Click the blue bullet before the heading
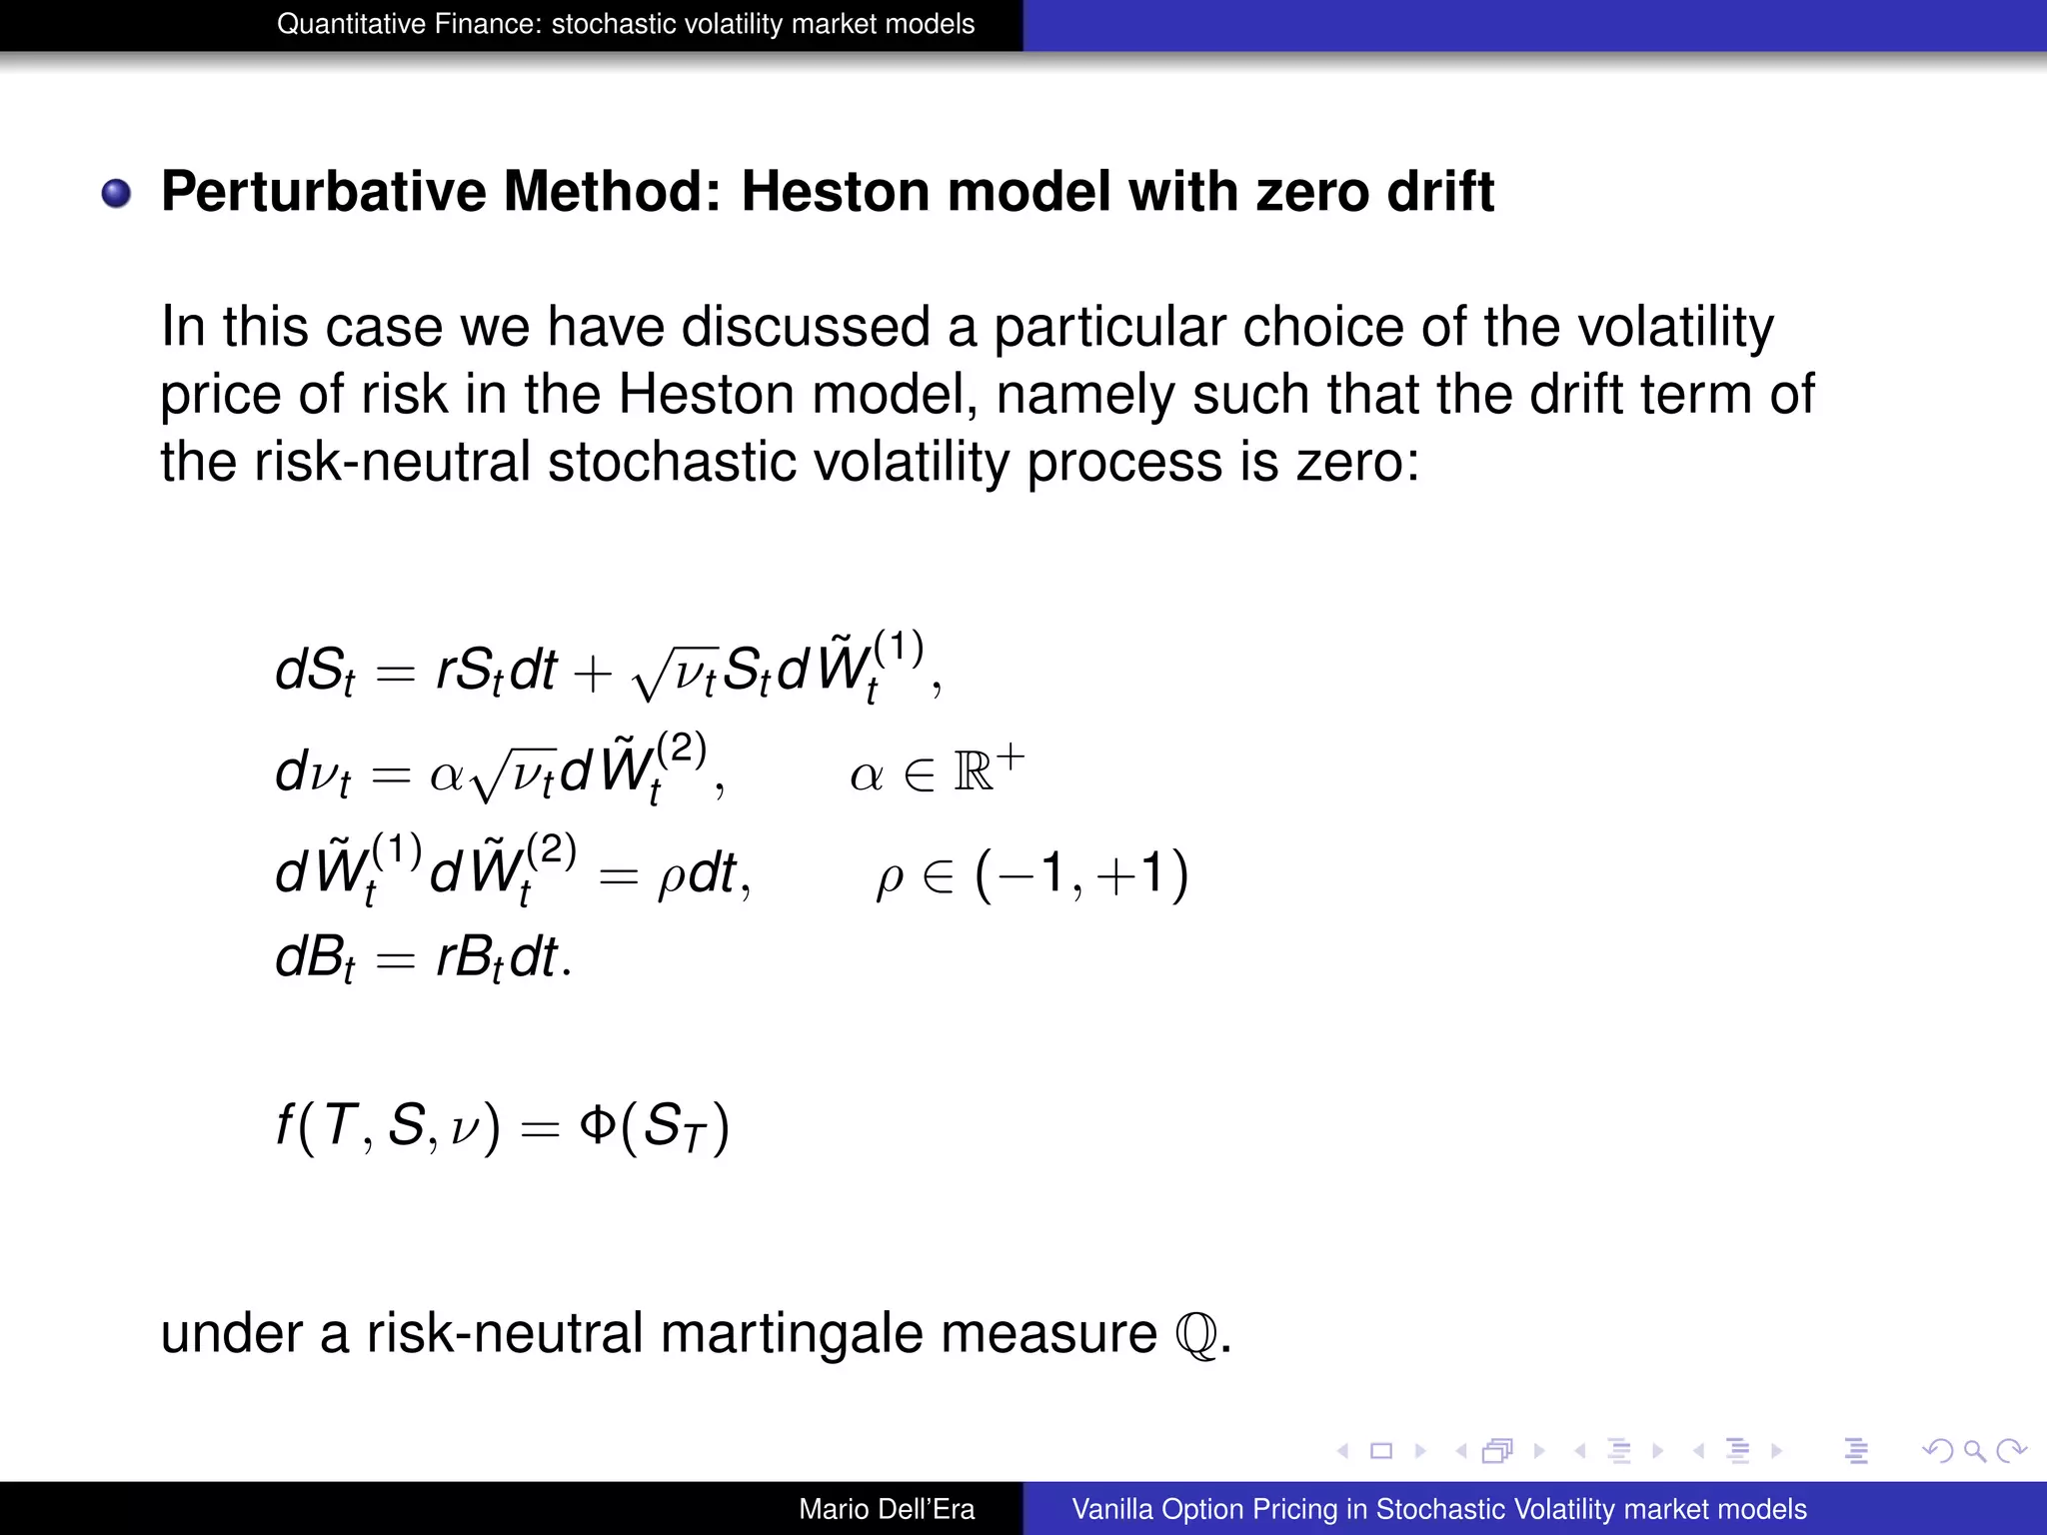coord(117,193)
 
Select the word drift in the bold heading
coord(1439,192)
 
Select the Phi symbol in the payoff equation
coord(598,1125)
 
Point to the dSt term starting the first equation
coord(315,672)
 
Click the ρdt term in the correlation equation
coord(697,875)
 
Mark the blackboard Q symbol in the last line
coord(1197,1335)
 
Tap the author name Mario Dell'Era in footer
coord(887,1509)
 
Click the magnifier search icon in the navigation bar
coord(1974,1450)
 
